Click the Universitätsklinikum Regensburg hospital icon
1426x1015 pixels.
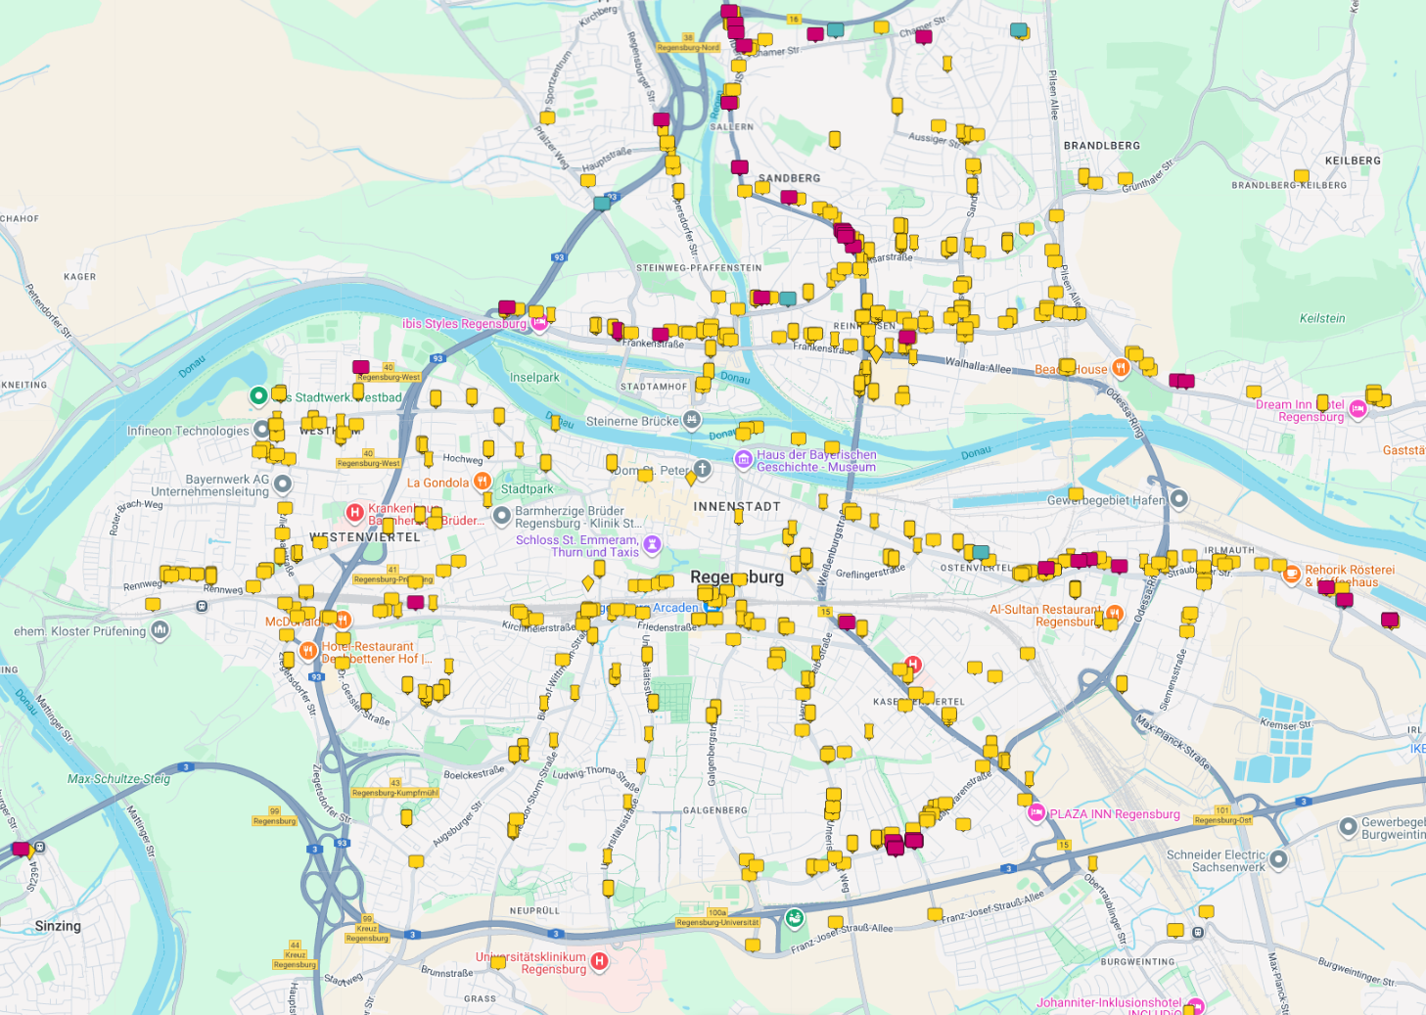coord(600,962)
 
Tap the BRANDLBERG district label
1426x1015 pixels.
coord(1101,146)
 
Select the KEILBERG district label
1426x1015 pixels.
coord(1353,161)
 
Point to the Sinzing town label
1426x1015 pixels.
coord(58,926)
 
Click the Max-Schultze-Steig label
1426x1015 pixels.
coord(118,779)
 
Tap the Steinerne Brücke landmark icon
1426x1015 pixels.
coord(692,421)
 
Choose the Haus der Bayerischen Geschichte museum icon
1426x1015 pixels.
coord(744,459)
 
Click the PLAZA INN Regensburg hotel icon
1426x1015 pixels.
coord(1035,812)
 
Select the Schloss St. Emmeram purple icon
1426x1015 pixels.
coord(653,544)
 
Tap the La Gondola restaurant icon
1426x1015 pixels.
coord(482,482)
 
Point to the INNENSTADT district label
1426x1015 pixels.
coord(737,506)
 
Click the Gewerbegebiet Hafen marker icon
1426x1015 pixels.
coord(1179,499)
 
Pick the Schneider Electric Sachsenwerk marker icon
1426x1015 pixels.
coord(1278,859)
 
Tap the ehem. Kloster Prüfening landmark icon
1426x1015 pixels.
coord(161,630)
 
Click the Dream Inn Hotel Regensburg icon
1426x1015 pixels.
coord(1357,409)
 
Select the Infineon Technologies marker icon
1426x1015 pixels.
coord(262,429)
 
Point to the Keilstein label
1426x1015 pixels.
coord(1321,318)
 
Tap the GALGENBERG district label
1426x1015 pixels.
coord(714,810)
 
